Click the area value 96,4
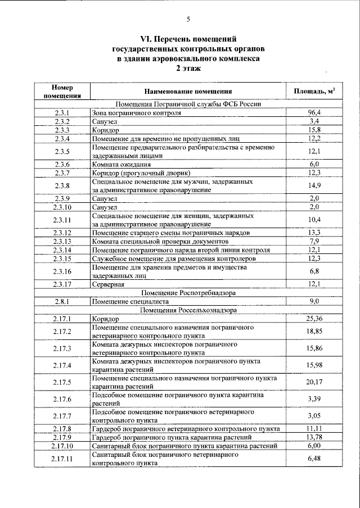[314, 113]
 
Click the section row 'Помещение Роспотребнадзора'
[188, 293]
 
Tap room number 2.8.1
[62, 301]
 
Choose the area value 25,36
[314, 319]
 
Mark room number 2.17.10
[62, 446]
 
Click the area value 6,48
[314, 459]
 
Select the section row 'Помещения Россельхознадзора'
[188, 310]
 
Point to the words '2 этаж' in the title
[188, 68]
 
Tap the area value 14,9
[314, 185]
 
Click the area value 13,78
[314, 437]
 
